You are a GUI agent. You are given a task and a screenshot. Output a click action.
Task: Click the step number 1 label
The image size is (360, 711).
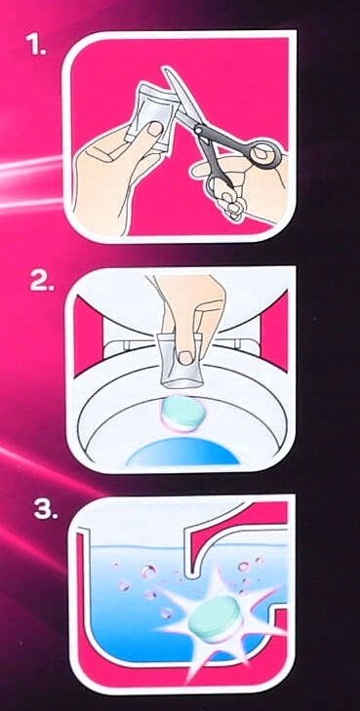pos(36,45)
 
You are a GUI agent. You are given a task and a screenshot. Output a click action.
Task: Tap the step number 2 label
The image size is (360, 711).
pos(42,282)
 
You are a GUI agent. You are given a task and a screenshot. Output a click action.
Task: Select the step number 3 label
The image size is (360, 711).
pos(46,510)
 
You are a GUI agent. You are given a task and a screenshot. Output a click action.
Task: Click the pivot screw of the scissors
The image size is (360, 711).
pos(199,130)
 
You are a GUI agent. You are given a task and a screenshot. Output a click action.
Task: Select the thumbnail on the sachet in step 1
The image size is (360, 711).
pos(156,130)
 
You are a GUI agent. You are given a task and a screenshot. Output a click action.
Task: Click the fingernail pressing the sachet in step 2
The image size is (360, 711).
pos(185,358)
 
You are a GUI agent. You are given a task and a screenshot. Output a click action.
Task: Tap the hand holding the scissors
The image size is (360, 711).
pos(245,186)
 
